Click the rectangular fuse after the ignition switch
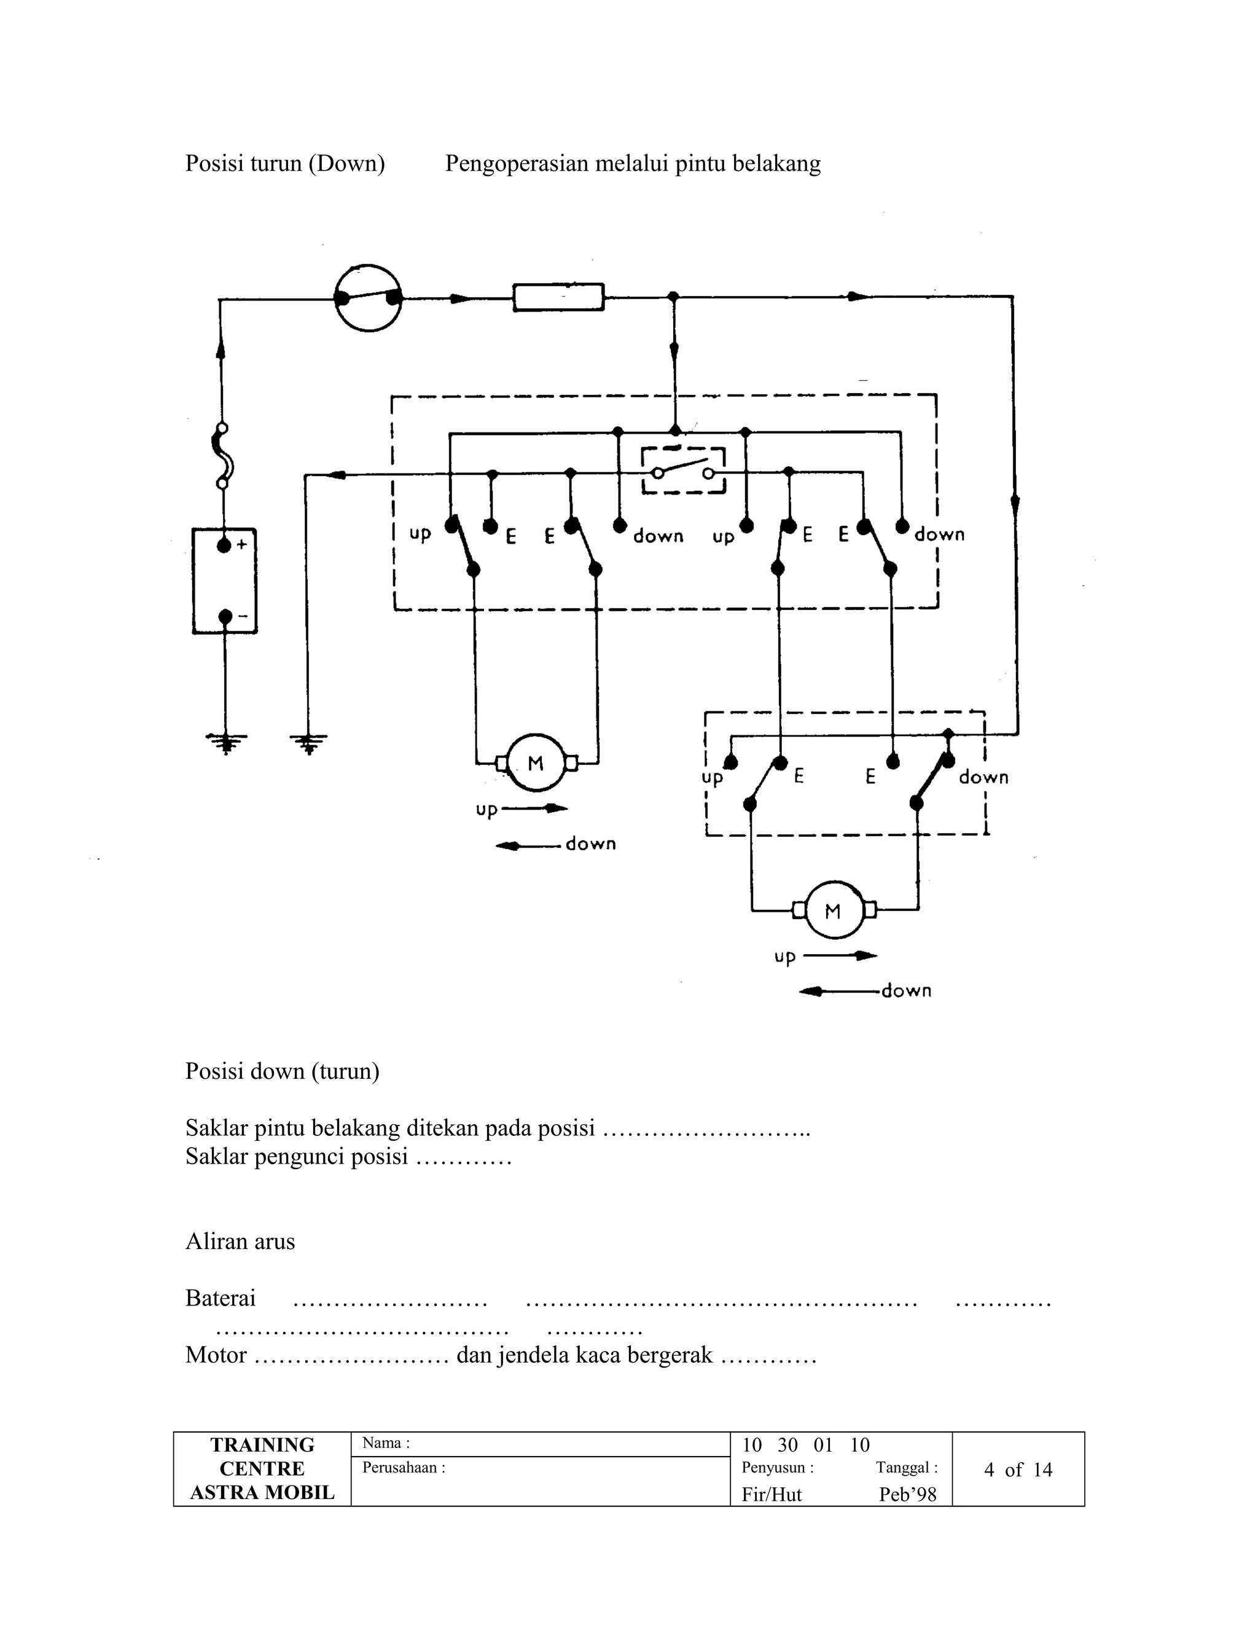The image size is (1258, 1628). pyautogui.click(x=558, y=297)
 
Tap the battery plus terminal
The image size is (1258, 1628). pyautogui.click(x=224, y=546)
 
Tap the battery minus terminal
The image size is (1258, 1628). pyautogui.click(x=225, y=616)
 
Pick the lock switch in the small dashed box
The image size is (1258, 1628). pyautogui.click(x=684, y=471)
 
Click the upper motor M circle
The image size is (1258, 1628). pyautogui.click(x=536, y=762)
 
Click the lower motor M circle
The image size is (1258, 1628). pyautogui.click(x=833, y=910)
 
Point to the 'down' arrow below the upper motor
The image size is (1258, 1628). pyautogui.click(x=528, y=845)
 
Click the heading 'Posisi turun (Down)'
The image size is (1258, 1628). pyautogui.click(x=284, y=163)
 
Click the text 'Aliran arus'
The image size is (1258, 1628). pyautogui.click(x=240, y=1241)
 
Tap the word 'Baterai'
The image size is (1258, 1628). pyautogui.click(x=220, y=1297)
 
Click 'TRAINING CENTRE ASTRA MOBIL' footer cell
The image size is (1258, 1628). pyautogui.click(x=262, y=1468)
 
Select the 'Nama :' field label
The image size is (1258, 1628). pyautogui.click(x=386, y=1442)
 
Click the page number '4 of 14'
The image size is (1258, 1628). pyautogui.click(x=1017, y=1470)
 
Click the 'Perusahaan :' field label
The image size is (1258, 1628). pyautogui.click(x=403, y=1467)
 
